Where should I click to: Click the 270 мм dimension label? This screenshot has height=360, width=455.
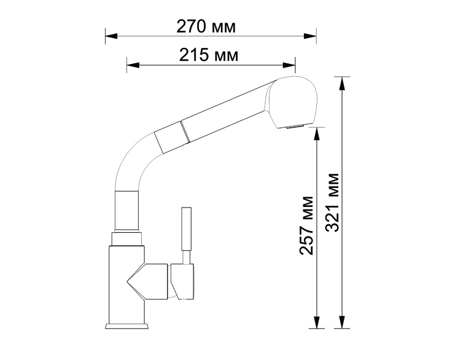point(206,26)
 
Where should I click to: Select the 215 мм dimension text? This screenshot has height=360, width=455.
point(209,55)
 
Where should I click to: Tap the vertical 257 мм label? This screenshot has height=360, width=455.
point(307,226)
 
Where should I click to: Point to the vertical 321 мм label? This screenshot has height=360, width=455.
point(332,202)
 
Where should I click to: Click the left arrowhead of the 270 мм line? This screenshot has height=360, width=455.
point(111,36)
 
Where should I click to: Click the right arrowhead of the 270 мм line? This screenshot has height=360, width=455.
point(310,36)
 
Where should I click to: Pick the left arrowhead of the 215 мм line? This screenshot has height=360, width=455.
point(133,65)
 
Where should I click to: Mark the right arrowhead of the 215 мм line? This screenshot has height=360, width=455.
point(289,65)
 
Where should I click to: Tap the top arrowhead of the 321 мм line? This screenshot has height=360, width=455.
point(342,83)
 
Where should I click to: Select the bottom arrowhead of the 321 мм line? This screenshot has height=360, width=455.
point(342,323)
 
